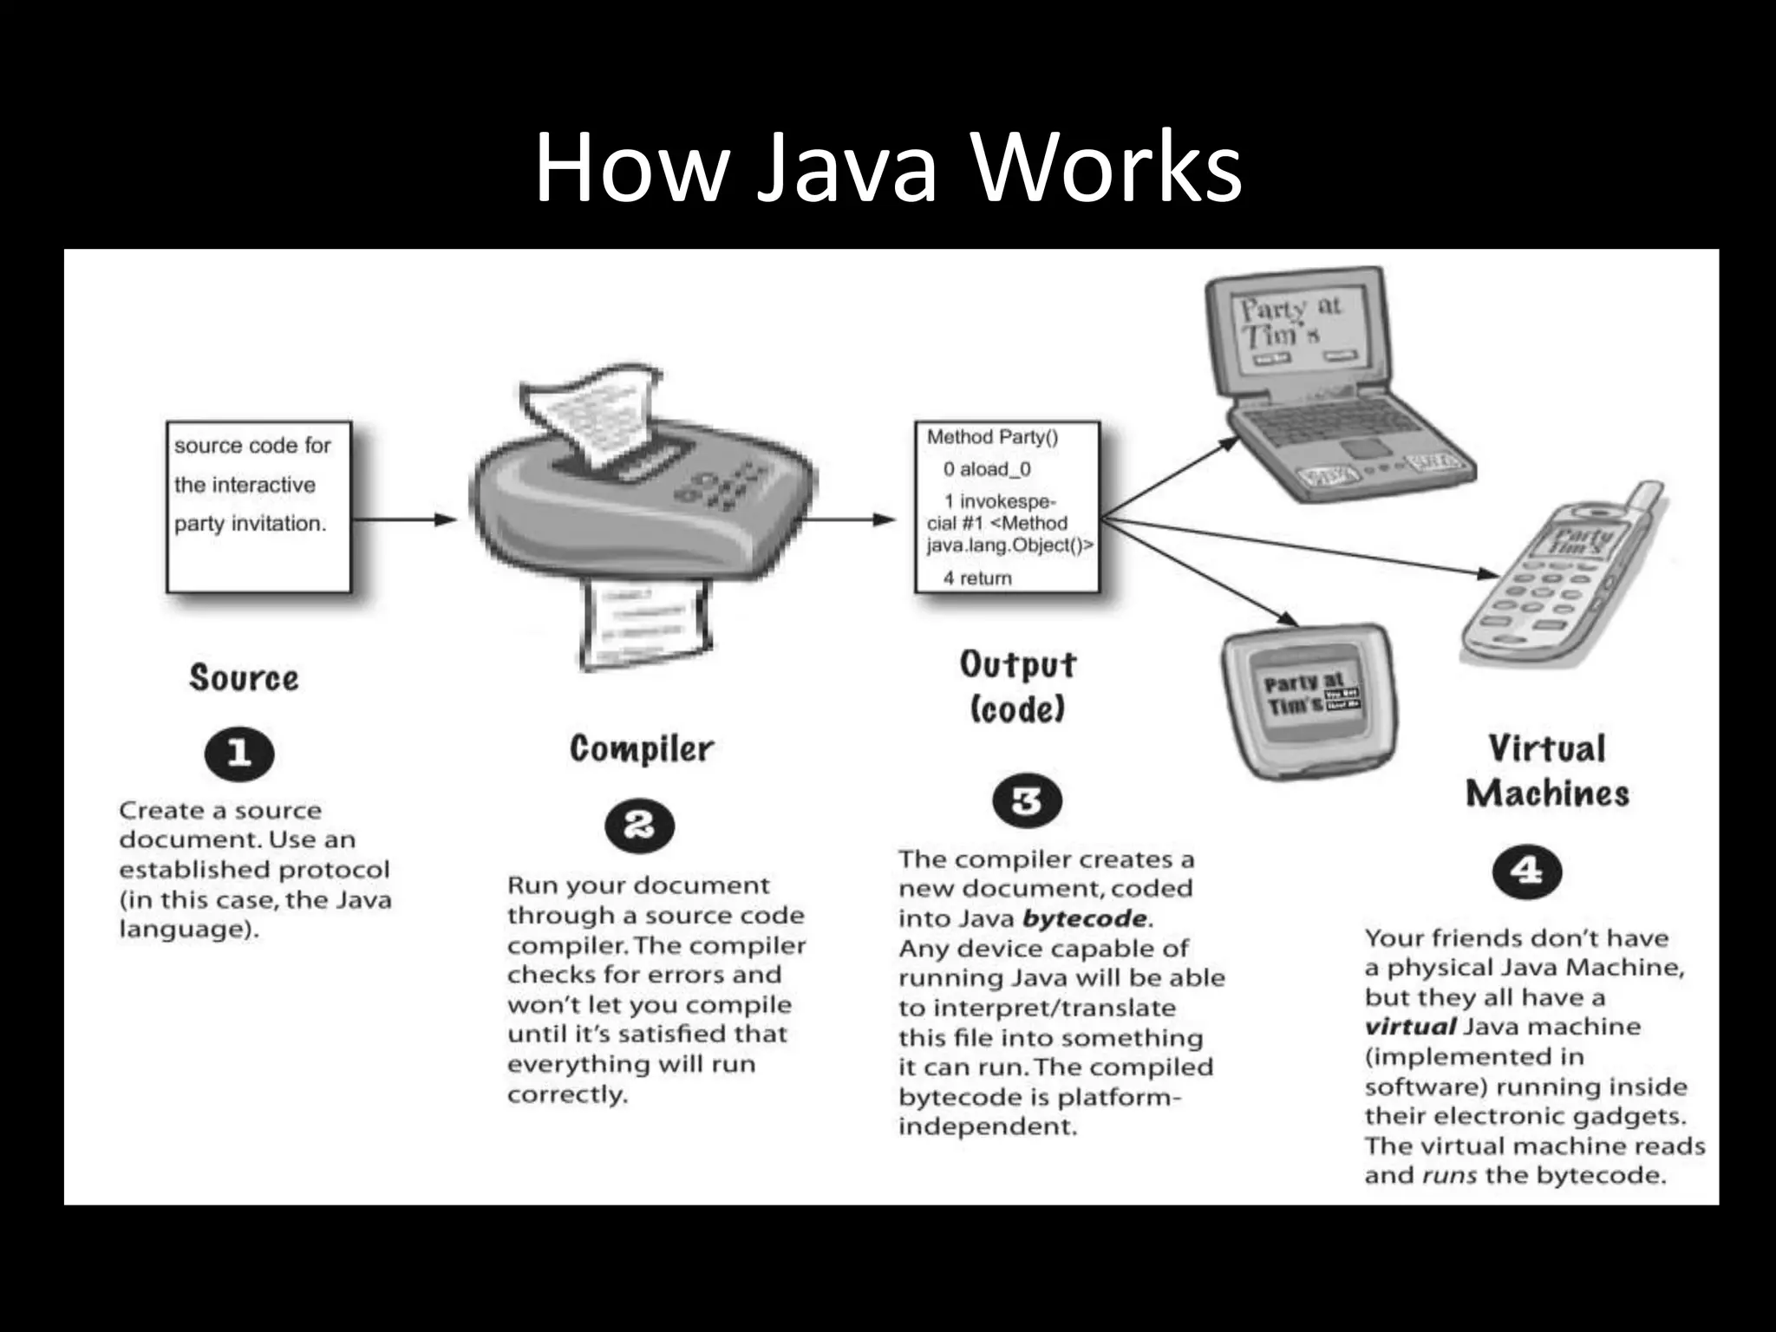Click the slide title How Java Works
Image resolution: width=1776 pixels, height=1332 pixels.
tap(888, 166)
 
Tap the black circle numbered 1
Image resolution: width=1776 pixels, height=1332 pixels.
tap(239, 753)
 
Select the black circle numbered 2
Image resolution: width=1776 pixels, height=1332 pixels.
tap(639, 826)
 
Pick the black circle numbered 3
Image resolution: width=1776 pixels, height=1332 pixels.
tap(1027, 800)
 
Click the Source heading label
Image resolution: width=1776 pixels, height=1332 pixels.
tap(244, 678)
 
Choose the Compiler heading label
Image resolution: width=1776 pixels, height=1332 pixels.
tap(642, 748)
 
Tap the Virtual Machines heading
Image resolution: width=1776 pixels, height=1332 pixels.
tap(1547, 771)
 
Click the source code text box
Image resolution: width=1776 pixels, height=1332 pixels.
tap(258, 507)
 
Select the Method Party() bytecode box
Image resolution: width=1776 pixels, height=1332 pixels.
tap(1008, 507)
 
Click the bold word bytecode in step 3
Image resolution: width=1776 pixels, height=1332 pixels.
tap(1085, 918)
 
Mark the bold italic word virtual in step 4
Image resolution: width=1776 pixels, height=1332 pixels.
tap(1409, 1027)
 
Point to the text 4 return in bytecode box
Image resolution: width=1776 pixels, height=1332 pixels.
tap(977, 578)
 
